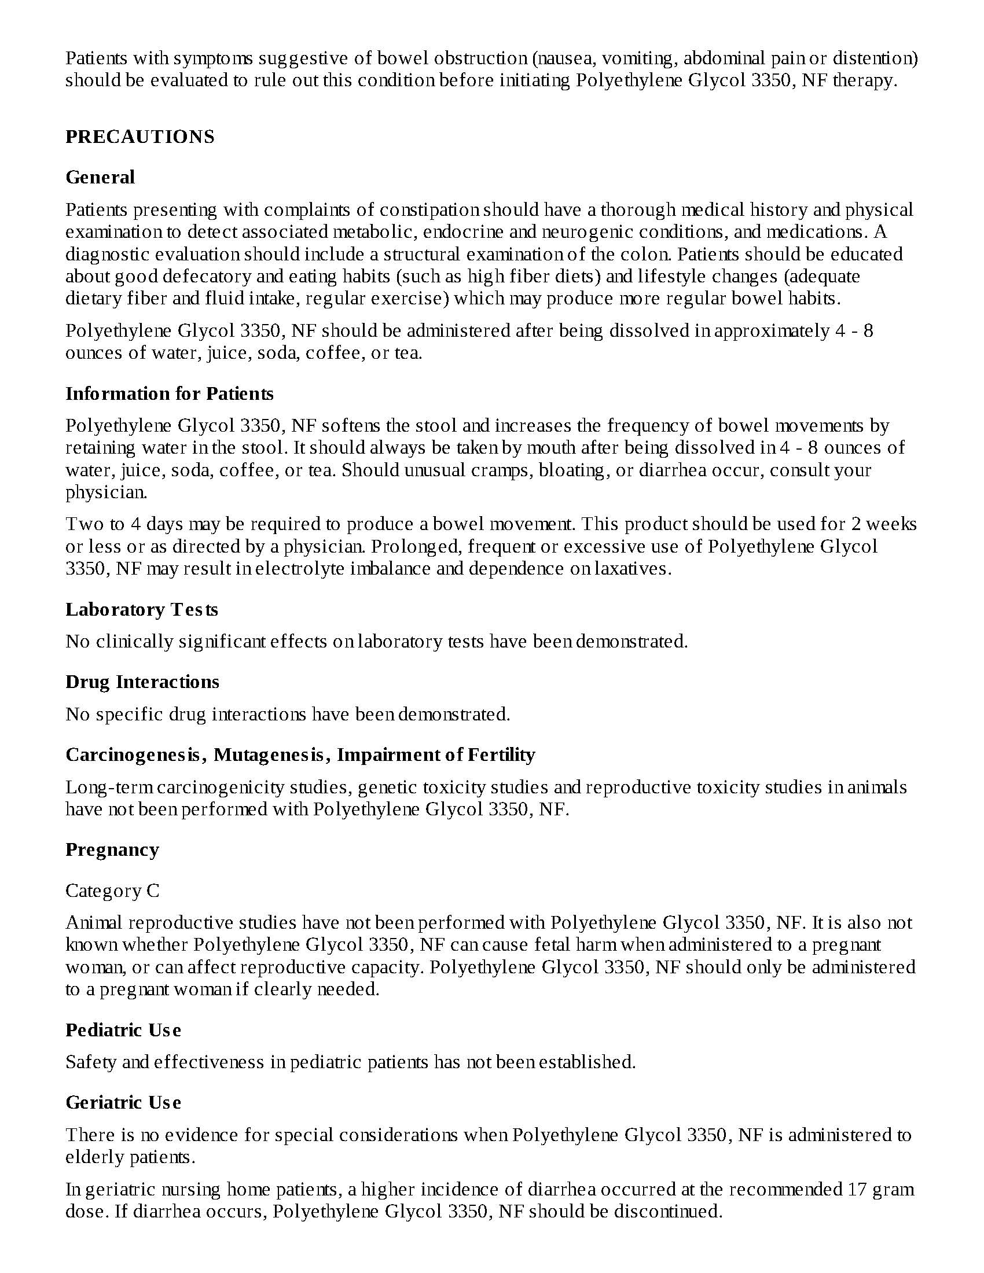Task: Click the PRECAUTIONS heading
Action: point(140,137)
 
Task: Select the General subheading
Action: point(100,177)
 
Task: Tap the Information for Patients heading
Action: point(169,393)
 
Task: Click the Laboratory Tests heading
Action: point(142,610)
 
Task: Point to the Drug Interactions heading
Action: point(142,682)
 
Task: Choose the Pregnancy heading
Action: point(112,849)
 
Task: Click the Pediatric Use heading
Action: point(123,1030)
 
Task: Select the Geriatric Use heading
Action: point(123,1102)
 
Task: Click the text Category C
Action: point(112,891)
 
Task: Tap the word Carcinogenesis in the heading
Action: point(137,755)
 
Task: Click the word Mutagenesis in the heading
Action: point(269,755)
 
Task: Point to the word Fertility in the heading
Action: point(501,755)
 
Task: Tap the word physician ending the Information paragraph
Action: point(105,492)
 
